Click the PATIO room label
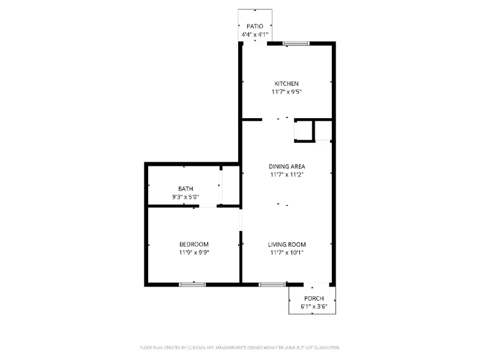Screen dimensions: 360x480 pyautogui.click(x=255, y=26)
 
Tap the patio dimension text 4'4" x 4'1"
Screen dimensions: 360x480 pyautogui.click(x=255, y=35)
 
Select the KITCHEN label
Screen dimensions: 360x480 pyautogui.click(x=287, y=83)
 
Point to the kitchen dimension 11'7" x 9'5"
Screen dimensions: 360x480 pyautogui.click(x=287, y=92)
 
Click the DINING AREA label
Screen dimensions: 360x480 pyautogui.click(x=287, y=166)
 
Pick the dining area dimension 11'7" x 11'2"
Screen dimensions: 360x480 pyautogui.click(x=287, y=174)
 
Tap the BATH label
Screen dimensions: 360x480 pyautogui.click(x=186, y=189)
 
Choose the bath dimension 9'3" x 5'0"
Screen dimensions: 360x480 pyautogui.click(x=186, y=197)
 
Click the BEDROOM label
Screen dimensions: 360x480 pyautogui.click(x=194, y=244)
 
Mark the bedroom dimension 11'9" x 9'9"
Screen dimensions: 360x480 pyautogui.click(x=194, y=252)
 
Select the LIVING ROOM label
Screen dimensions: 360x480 pyautogui.click(x=287, y=244)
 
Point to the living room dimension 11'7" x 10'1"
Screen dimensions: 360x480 pyautogui.click(x=287, y=252)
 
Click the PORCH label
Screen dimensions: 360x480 pyautogui.click(x=312, y=298)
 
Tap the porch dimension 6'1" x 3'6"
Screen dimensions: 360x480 pyautogui.click(x=312, y=306)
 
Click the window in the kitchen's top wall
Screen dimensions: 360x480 pyautogui.click(x=295, y=43)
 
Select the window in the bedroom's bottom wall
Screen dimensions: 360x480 pyautogui.click(x=192, y=284)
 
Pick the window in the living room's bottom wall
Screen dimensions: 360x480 pyautogui.click(x=272, y=284)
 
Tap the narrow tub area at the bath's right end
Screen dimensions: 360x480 pyautogui.click(x=230, y=185)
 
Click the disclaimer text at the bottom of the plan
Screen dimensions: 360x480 pyautogui.click(x=240, y=347)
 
